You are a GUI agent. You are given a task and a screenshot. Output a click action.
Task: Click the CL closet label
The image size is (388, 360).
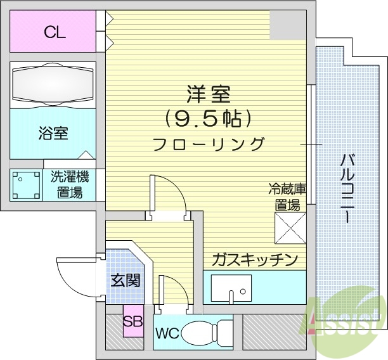click(x=55, y=32)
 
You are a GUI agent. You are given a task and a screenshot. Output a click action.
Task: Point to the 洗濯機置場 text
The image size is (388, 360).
click(x=70, y=184)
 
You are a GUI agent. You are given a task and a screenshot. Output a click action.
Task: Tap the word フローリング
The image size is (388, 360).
click(x=208, y=144)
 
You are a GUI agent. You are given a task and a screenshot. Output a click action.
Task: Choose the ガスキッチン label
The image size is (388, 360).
click(x=254, y=259)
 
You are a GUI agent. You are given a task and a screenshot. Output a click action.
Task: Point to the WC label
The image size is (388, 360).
click(x=165, y=333)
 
